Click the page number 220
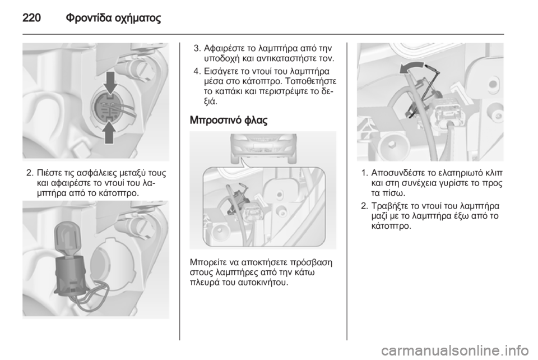[x=32, y=18]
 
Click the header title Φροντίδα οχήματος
[x=113, y=19]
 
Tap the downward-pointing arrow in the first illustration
[x=110, y=83]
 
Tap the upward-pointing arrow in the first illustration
[x=109, y=132]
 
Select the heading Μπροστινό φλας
[x=229, y=120]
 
